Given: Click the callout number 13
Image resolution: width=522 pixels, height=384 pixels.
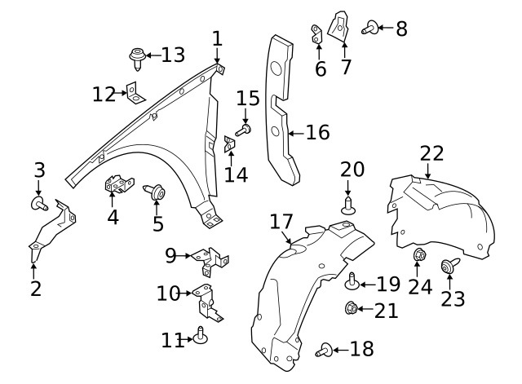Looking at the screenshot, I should (173, 55).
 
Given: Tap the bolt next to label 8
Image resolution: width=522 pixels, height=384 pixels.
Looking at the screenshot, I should (368, 28).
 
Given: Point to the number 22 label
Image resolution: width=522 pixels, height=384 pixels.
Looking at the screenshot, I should (431, 152).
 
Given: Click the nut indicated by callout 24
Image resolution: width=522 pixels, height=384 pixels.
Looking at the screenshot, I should (418, 255).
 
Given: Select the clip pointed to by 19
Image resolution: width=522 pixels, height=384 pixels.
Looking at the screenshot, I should (353, 282).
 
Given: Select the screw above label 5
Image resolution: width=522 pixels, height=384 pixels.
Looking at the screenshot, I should (156, 193).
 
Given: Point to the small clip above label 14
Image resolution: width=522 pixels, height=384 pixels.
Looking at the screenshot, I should (230, 144).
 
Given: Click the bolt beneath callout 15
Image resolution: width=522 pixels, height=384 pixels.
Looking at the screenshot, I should (245, 128).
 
